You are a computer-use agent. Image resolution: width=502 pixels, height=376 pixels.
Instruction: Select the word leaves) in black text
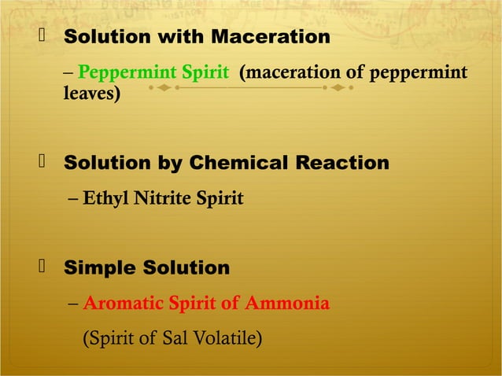[x=91, y=94]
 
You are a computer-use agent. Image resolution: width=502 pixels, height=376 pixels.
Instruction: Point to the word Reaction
[x=342, y=163]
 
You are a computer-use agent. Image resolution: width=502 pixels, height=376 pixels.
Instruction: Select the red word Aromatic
[x=121, y=304]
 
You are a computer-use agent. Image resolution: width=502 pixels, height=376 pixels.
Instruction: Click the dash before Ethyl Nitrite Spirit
[x=72, y=199]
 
